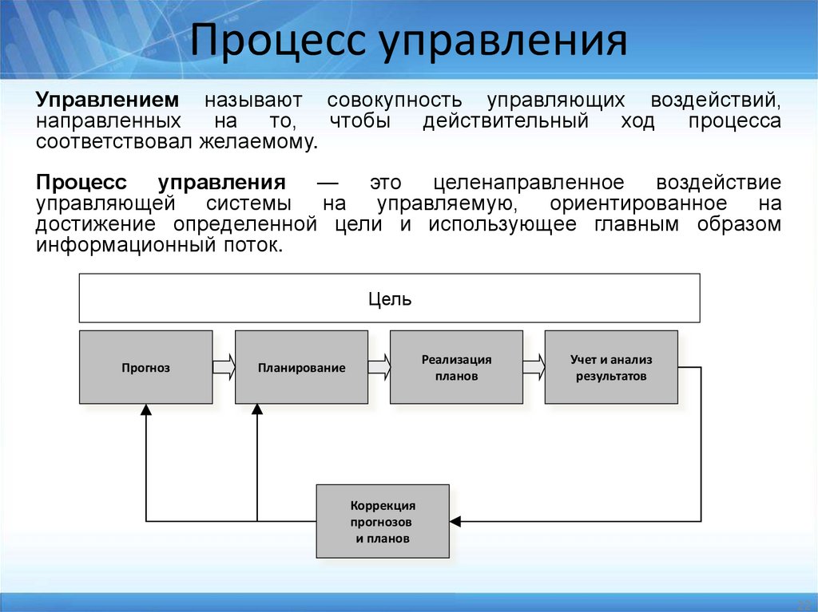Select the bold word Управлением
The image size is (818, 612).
click(x=108, y=101)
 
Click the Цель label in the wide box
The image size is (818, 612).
click(x=390, y=299)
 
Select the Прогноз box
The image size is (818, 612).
click(x=146, y=367)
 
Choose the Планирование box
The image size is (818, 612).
click(x=301, y=367)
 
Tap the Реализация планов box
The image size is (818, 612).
click(x=456, y=367)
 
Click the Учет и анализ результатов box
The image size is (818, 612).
click(x=611, y=367)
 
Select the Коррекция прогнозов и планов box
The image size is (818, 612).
click(x=383, y=521)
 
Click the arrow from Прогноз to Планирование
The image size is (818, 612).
click(x=224, y=367)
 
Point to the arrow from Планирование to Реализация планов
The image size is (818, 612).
click(x=379, y=367)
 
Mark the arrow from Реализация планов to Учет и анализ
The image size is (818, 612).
click(x=534, y=367)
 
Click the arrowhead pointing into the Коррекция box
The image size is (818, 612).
click(x=455, y=522)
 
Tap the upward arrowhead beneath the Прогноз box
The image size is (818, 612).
click(x=145, y=409)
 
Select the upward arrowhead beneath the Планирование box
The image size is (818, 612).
click(x=256, y=409)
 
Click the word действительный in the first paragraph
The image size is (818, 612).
click(x=506, y=121)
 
